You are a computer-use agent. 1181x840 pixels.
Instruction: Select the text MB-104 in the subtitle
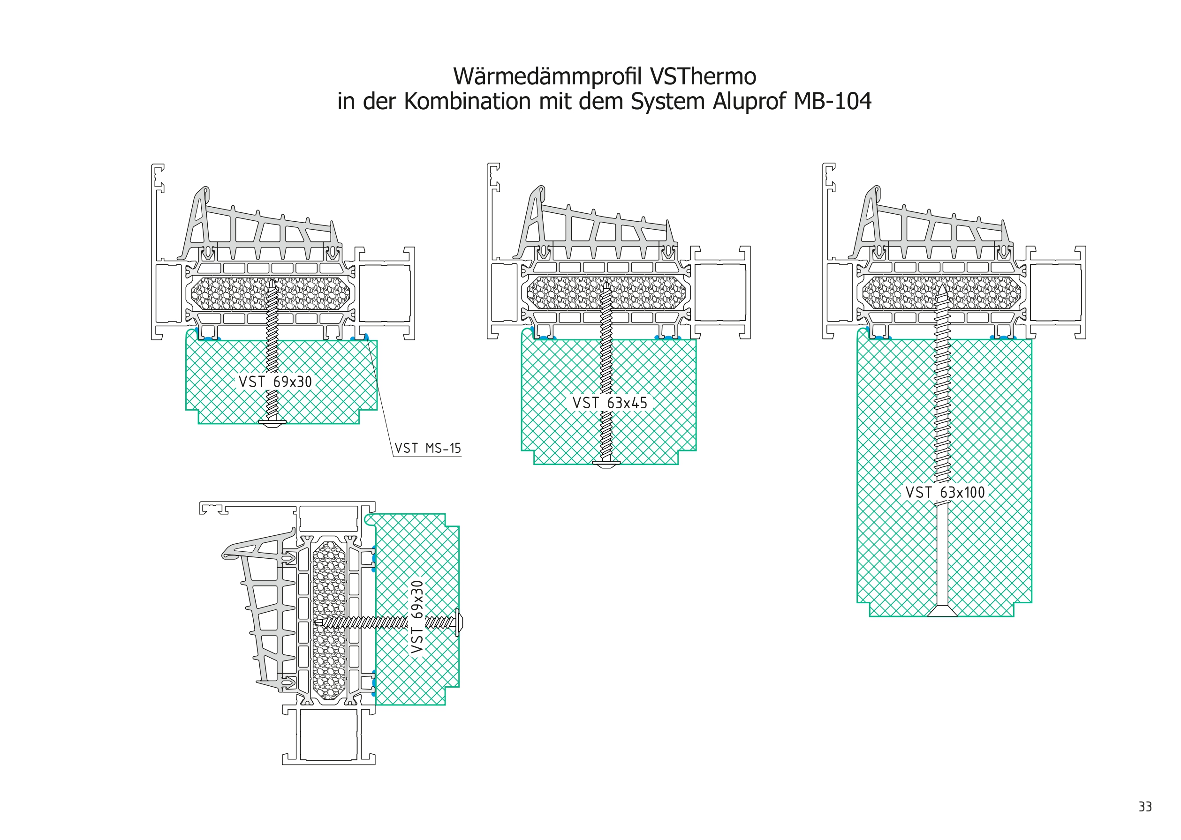pos(832,101)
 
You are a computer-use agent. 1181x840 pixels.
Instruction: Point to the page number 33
pos(1145,807)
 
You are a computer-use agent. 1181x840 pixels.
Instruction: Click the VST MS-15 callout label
pos(427,449)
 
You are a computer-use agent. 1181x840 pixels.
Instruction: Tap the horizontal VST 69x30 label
pos(275,382)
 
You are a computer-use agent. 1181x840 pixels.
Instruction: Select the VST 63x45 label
pos(610,403)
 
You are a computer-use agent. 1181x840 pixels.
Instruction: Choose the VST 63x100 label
pos(945,492)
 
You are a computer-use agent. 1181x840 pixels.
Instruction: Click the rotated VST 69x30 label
pos(417,616)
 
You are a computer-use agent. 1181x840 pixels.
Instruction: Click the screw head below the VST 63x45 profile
pos(606,464)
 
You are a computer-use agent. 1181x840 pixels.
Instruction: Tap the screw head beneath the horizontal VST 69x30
pos(272,424)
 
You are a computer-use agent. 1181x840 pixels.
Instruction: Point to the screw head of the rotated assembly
pos(459,622)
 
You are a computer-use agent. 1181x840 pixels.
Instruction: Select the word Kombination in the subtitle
pos(467,101)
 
